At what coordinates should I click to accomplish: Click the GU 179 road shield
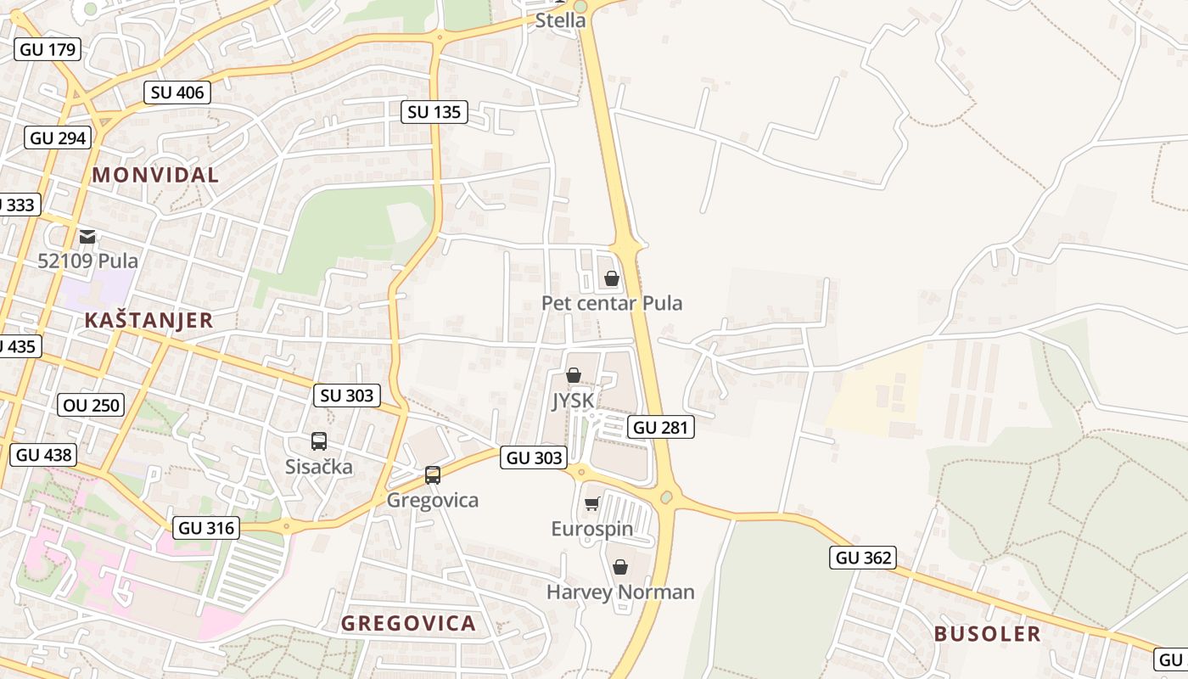(x=48, y=49)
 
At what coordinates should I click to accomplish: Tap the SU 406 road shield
(x=177, y=93)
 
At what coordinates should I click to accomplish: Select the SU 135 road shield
(x=434, y=112)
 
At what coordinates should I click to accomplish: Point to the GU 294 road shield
(x=58, y=137)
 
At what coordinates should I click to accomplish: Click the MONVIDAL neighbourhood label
(x=155, y=175)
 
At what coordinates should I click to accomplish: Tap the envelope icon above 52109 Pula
(x=87, y=237)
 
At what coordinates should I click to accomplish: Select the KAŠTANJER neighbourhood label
(x=148, y=320)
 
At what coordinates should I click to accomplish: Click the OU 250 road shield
(x=92, y=405)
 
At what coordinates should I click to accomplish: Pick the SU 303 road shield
(x=347, y=395)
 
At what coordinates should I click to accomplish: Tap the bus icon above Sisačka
(x=319, y=441)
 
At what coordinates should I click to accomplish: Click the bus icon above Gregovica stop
(x=433, y=475)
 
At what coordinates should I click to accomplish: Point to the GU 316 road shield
(x=206, y=528)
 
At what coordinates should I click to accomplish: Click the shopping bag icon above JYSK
(x=574, y=375)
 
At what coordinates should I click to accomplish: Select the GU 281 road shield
(x=661, y=427)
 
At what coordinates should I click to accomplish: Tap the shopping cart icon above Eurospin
(x=592, y=504)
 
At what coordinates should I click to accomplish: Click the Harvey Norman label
(x=620, y=592)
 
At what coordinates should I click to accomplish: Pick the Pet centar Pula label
(x=612, y=303)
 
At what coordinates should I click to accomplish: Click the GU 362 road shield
(x=864, y=558)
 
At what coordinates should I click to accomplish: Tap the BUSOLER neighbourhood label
(x=987, y=634)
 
